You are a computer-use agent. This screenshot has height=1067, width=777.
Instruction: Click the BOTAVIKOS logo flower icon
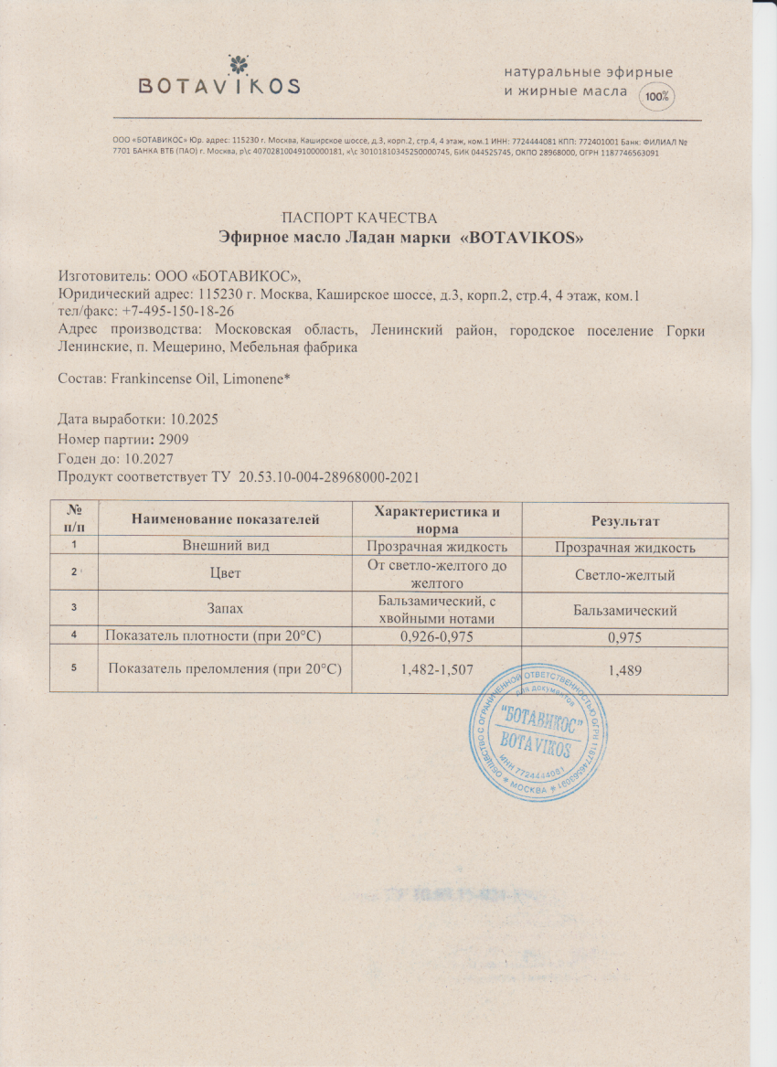238,63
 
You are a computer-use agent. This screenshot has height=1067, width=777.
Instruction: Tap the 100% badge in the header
655,95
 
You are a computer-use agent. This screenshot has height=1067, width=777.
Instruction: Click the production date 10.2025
192,420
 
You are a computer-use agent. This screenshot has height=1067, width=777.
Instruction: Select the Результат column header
625,521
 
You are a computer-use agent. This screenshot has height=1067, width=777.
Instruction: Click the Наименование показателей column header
226,520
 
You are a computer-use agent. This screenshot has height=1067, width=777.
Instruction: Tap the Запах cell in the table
226,610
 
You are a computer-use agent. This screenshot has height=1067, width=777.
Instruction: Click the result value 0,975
625,638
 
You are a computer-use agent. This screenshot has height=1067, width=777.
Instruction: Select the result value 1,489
625,670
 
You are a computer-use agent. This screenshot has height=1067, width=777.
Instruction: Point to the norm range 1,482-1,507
437,670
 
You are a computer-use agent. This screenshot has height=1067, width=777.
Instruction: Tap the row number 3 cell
73,610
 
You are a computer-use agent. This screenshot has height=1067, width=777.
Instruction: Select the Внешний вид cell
226,547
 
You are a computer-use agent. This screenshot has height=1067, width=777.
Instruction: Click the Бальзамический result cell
625,611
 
